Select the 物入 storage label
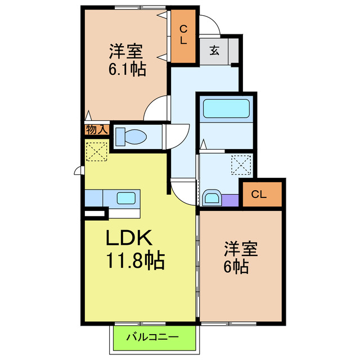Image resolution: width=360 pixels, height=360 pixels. [x=96, y=129]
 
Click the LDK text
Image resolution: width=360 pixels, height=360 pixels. [x=129, y=238]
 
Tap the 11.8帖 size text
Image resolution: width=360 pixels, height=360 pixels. [x=135, y=260]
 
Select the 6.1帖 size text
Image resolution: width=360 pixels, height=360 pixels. [x=127, y=70]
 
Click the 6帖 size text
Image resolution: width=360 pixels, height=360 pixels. [x=236, y=267]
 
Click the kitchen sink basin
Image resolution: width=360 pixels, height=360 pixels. [x=125, y=198]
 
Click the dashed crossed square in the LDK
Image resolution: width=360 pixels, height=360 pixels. [x=97, y=151]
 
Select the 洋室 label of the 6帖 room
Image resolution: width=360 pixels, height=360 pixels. [x=242, y=247]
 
